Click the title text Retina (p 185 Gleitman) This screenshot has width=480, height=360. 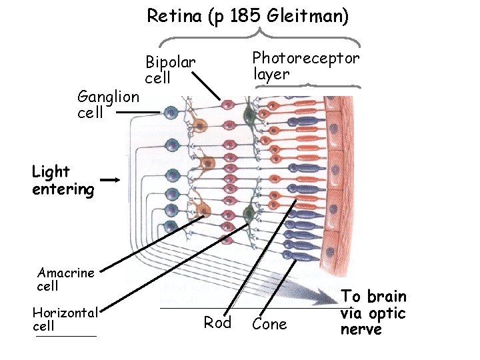tap(247, 15)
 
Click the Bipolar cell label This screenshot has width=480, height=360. tap(171, 70)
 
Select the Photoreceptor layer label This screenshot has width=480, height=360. tap(305, 65)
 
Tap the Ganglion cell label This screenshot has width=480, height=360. tap(108, 104)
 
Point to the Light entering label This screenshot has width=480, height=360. tap(63, 181)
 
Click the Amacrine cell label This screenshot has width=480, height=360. tap(66, 279)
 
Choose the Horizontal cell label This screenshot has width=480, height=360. tap(65, 319)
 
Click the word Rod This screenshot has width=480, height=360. tap(217, 323)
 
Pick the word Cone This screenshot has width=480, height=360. tap(270, 325)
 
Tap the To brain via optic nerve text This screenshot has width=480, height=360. tap(373, 313)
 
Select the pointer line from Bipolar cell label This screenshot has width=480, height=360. tap(207, 86)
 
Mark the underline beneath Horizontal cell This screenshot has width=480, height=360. tap(66, 335)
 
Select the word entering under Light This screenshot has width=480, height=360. tap(63, 189)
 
